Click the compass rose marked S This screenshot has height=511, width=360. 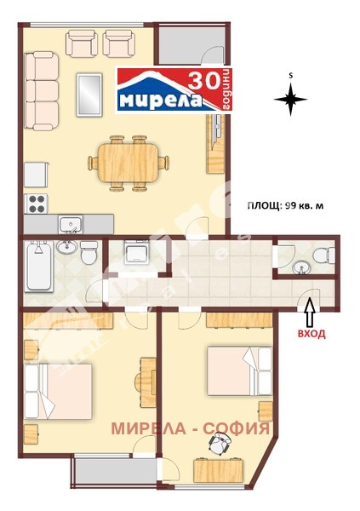click(x=290, y=100)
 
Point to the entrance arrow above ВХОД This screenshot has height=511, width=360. click(x=309, y=310)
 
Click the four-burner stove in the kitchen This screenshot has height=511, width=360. click(x=37, y=204)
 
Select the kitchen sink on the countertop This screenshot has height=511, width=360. click(x=71, y=225)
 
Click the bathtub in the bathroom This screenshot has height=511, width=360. click(x=37, y=265)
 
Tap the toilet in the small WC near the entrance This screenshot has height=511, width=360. click(x=322, y=257)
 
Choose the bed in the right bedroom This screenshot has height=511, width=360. click(x=233, y=370)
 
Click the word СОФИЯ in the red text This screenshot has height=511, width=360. click(x=239, y=427)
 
